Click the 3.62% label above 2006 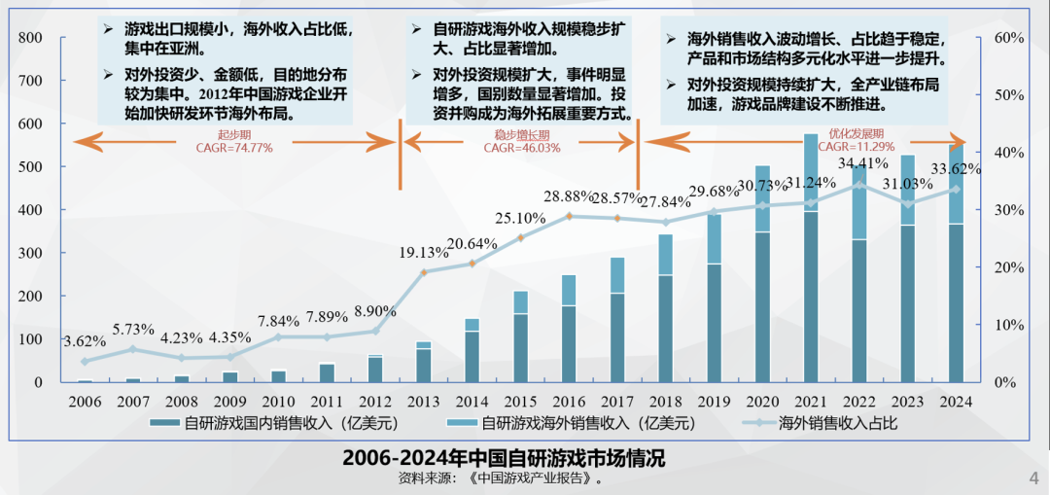click(85, 341)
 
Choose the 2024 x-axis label click(957, 401)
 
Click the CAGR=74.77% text click(234, 148)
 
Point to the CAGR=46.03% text click(522, 148)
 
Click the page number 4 click(1033, 477)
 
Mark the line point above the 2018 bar click(666, 222)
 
